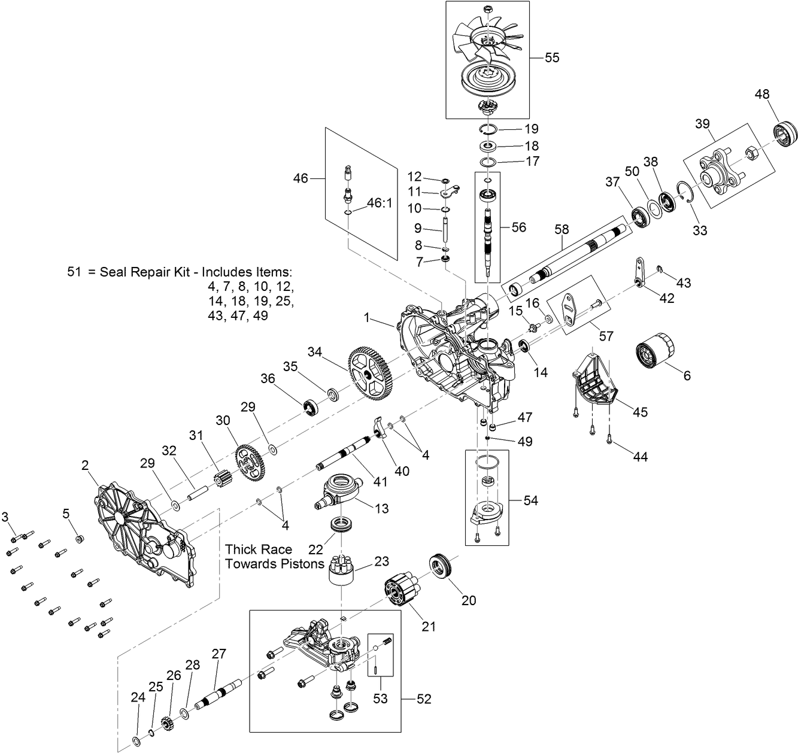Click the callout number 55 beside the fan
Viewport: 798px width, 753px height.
[x=551, y=57]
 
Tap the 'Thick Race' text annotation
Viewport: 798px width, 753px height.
[x=259, y=549]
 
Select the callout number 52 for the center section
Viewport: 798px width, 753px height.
[x=423, y=699]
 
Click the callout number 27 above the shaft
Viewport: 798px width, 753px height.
[x=219, y=654]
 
